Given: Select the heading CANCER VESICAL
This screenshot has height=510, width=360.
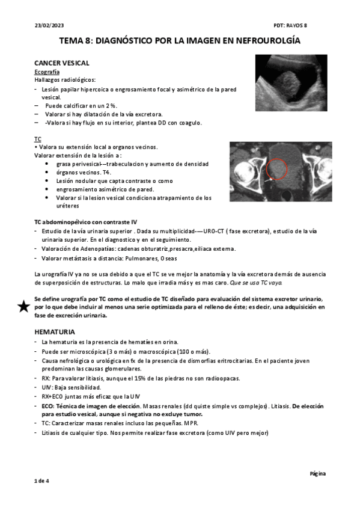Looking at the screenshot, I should (x=62, y=63).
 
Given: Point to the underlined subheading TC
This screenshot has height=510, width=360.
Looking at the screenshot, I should (x=38, y=139).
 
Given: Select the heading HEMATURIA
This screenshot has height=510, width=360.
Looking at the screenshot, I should (x=55, y=331).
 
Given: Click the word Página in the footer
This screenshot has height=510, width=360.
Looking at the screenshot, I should (x=318, y=473).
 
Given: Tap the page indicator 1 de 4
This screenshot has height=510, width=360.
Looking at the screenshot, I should (x=41, y=481).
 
